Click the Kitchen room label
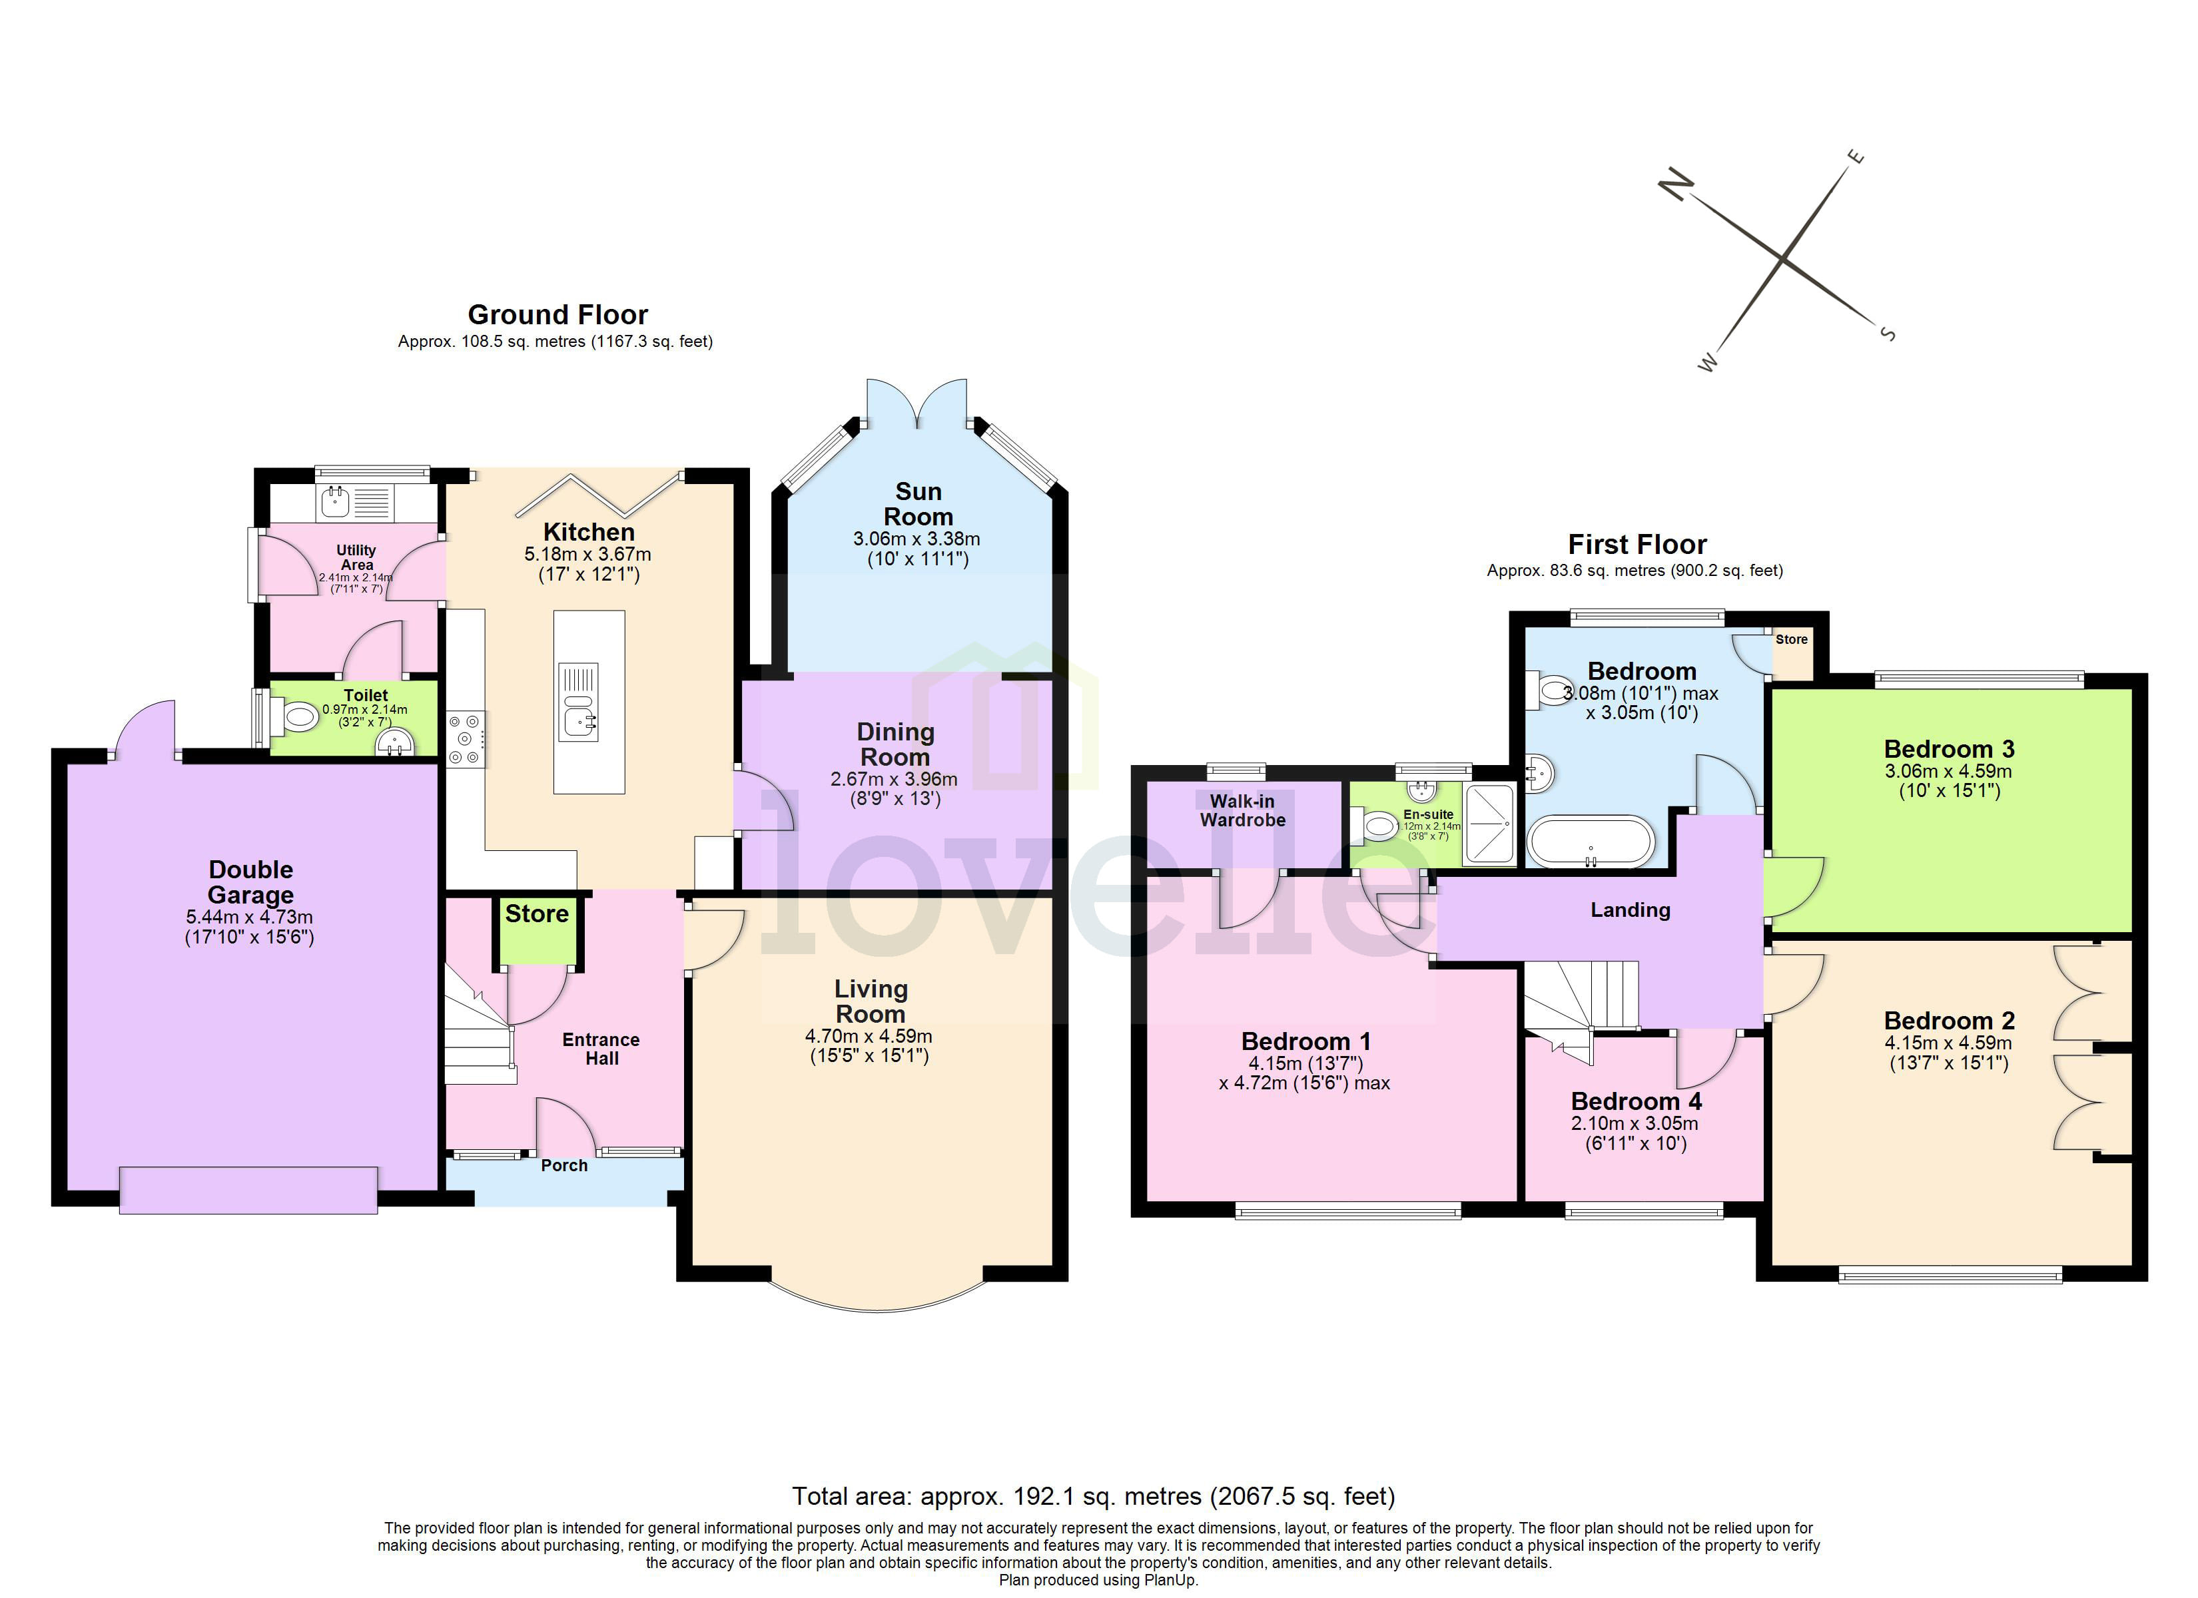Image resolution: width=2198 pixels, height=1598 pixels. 588,532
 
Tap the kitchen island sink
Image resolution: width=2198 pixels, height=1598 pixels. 579,720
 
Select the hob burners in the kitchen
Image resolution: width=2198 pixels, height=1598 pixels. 465,739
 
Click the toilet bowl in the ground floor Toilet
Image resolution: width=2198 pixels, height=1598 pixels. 300,718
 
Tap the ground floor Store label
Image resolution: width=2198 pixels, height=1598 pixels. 537,914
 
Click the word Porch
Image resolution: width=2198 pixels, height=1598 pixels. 564,1166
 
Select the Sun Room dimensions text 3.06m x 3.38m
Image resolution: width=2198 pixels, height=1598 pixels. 916,539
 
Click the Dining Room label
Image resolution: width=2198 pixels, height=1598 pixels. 895,744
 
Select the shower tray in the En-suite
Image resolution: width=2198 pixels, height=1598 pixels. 1489,824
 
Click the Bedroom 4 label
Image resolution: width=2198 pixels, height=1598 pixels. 1636,1102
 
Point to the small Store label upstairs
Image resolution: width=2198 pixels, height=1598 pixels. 1791,640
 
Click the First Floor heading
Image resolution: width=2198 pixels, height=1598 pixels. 1637,545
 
